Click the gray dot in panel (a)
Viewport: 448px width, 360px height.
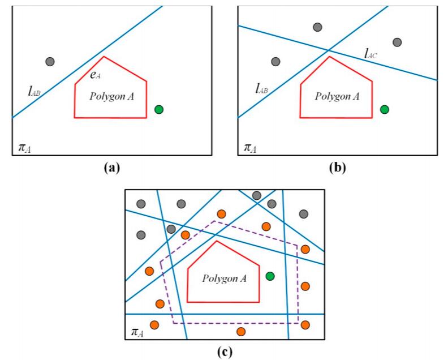[50, 61]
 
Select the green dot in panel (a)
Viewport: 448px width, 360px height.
[159, 109]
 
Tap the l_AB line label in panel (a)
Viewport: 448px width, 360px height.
[34, 89]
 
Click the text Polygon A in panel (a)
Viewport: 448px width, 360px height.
[111, 96]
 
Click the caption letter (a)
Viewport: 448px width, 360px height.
[111, 167]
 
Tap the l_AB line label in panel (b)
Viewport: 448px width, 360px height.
[261, 88]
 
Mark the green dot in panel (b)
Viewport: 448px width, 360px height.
[385, 109]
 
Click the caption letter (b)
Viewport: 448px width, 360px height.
[336, 167]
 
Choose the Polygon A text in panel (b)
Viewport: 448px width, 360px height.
[337, 96]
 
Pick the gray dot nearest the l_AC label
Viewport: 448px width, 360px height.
[397, 42]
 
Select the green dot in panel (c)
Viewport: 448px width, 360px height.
[270, 276]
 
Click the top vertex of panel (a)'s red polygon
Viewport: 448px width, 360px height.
[103, 57]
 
